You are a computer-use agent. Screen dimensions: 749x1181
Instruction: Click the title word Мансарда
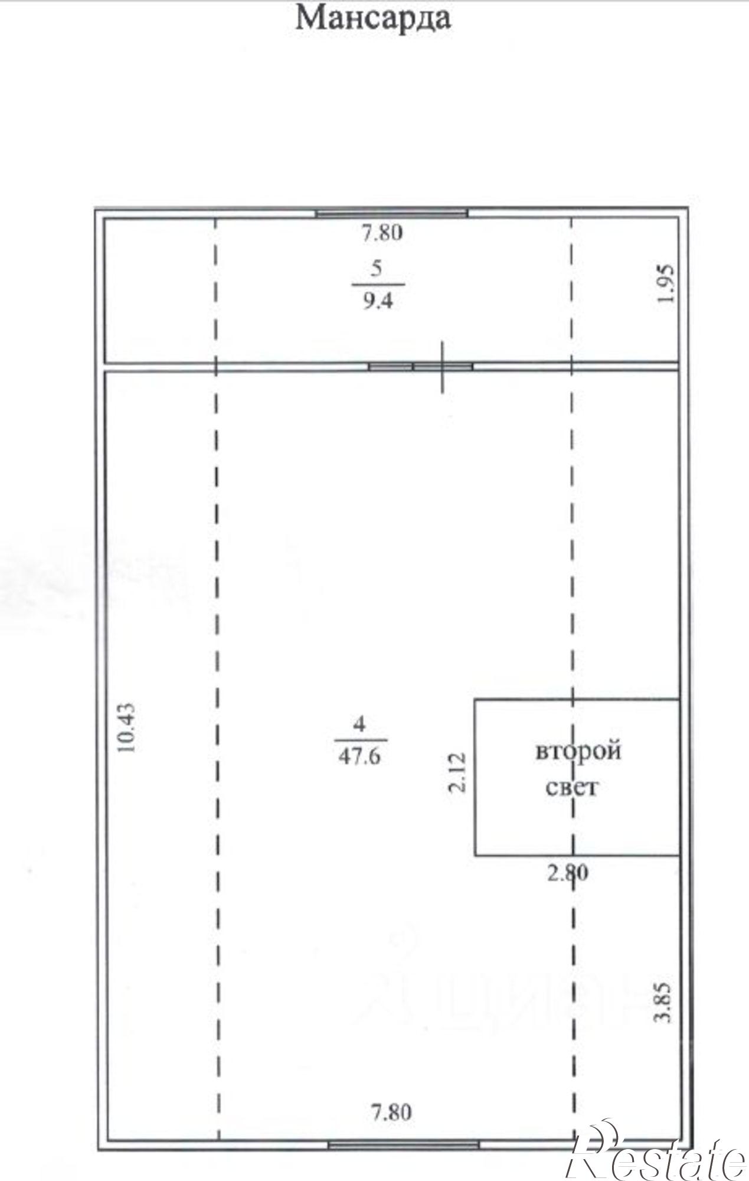click(x=373, y=18)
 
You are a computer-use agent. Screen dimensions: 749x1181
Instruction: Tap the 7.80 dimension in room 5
click(x=382, y=233)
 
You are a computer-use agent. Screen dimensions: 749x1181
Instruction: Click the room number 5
click(x=377, y=268)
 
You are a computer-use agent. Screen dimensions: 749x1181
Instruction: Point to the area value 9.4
click(x=378, y=302)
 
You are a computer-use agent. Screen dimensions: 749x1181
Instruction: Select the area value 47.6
click(x=359, y=756)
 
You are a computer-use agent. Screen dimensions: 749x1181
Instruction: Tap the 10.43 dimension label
click(x=126, y=727)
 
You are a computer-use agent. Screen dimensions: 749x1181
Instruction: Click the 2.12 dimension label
click(x=458, y=772)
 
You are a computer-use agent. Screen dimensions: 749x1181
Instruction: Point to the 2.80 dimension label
click(x=568, y=872)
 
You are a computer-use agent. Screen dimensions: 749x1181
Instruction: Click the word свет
click(x=572, y=787)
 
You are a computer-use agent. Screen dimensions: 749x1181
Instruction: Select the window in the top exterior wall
click(x=391, y=213)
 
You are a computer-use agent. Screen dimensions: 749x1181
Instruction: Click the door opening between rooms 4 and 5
click(x=421, y=367)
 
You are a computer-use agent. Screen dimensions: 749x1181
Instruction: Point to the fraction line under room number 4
click(x=361, y=739)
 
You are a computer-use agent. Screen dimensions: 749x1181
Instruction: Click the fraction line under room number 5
click(x=378, y=285)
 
